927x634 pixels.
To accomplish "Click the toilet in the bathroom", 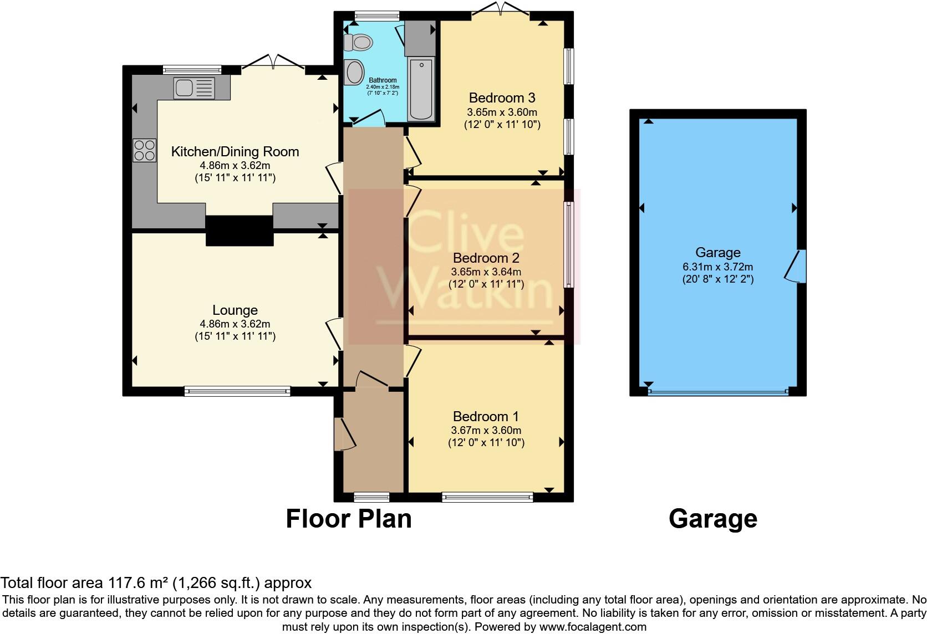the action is (358, 42).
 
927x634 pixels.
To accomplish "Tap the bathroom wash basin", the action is (355, 73).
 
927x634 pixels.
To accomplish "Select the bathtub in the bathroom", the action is (421, 89).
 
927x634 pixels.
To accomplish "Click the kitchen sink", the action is (195, 88).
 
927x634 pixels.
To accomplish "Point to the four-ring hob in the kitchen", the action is (145, 150).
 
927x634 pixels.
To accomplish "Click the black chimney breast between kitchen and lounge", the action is (240, 231).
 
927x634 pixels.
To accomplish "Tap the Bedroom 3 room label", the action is (502, 98).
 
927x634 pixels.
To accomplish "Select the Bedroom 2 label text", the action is (486, 258).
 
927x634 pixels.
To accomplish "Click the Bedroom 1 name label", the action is (486, 416).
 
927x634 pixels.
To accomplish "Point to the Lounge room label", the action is (235, 310).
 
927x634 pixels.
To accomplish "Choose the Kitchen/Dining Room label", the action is (235, 152).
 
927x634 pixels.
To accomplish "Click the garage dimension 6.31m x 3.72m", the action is (717, 267).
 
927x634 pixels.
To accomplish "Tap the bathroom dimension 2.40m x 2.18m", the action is (383, 87).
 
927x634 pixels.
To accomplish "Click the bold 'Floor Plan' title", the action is (349, 519).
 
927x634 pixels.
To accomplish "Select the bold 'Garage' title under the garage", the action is (713, 519).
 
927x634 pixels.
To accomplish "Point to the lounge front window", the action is (237, 391).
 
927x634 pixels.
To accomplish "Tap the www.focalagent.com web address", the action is (593, 627).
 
